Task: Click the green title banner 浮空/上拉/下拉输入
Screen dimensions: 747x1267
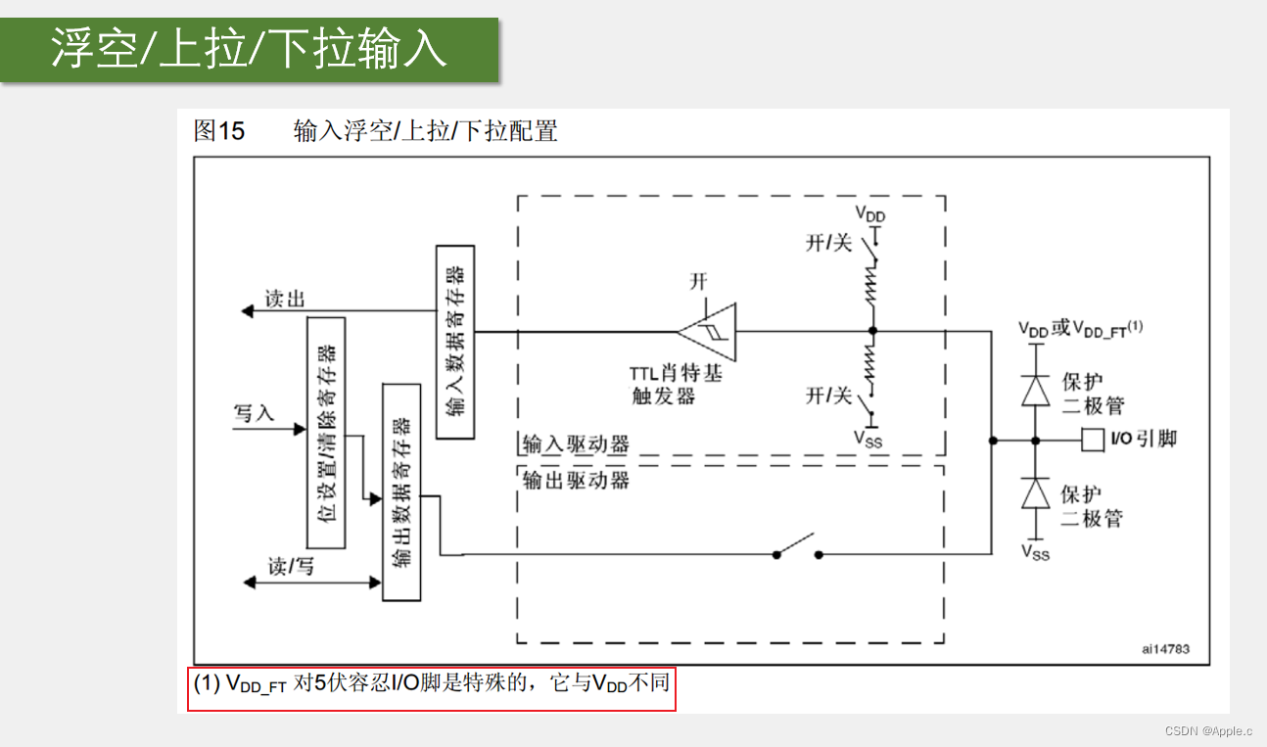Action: click(x=249, y=49)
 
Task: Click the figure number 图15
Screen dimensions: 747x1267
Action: click(x=219, y=130)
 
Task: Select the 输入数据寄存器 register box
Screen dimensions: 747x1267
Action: click(x=455, y=342)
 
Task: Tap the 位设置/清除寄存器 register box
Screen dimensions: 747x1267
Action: click(x=326, y=432)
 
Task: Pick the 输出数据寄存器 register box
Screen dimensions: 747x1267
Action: click(x=400, y=491)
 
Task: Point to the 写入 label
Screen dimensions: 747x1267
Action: click(x=255, y=413)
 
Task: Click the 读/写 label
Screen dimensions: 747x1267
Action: click(x=292, y=566)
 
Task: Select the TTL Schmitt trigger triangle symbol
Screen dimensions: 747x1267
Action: click(x=709, y=331)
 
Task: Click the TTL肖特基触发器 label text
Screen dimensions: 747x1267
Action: click(x=676, y=384)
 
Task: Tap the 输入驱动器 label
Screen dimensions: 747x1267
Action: click(x=576, y=444)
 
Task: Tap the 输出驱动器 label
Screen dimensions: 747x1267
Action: click(x=576, y=480)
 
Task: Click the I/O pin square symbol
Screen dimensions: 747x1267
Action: click(x=1093, y=440)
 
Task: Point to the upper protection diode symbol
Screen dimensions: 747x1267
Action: click(x=1035, y=390)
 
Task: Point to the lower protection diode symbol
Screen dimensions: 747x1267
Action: click(x=1035, y=492)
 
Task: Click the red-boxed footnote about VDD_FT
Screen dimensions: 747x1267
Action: click(x=431, y=683)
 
